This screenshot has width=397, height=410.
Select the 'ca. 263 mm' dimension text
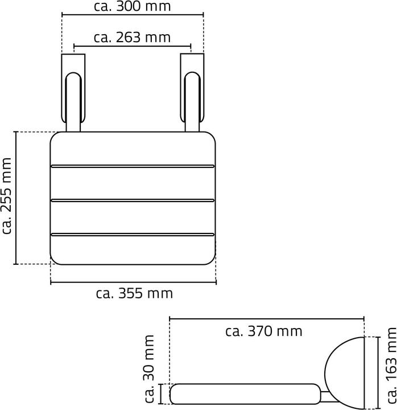point(133,38)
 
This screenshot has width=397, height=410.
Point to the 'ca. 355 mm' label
point(134,294)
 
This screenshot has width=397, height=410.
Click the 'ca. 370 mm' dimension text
point(264,331)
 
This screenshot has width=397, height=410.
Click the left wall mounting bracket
point(73,91)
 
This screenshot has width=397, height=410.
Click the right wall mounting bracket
point(191,91)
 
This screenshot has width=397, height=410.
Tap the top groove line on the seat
point(133,166)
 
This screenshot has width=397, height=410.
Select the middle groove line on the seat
point(133,200)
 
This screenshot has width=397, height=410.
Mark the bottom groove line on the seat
point(133,233)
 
